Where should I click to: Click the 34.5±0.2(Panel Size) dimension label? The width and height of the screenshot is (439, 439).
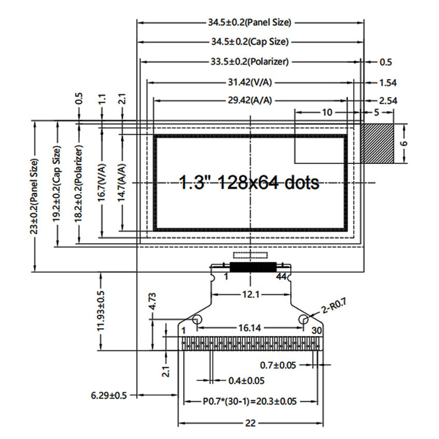(x=250, y=22)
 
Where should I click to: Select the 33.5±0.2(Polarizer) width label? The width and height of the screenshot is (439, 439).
(x=250, y=61)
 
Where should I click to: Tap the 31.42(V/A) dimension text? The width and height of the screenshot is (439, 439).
(x=250, y=82)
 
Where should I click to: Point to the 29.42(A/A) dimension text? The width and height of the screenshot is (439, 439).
(x=250, y=100)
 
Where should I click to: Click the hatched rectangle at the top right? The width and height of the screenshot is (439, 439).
(x=377, y=143)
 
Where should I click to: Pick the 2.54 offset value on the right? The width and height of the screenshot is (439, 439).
(x=388, y=100)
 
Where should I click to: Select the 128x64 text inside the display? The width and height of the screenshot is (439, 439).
(x=248, y=183)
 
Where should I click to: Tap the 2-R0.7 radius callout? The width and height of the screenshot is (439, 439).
(x=334, y=306)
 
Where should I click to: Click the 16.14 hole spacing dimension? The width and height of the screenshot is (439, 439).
(x=250, y=328)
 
